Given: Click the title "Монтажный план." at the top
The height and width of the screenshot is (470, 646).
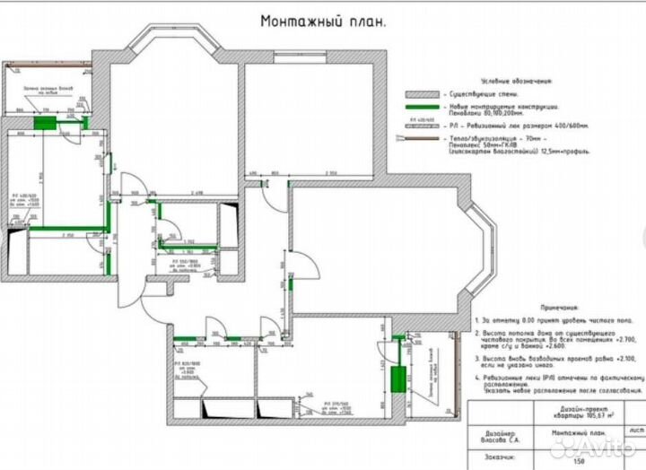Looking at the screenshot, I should pos(323,21).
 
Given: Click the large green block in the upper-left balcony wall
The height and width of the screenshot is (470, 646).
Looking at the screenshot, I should pos(43,121).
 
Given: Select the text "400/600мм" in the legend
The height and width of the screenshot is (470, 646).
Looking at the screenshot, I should pos(565,126).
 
